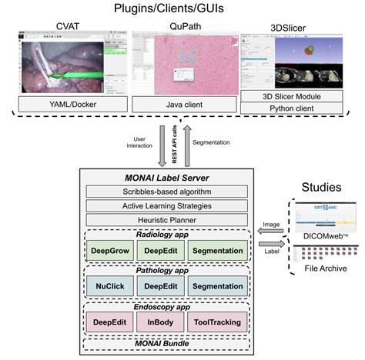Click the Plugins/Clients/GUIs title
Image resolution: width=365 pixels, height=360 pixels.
click(182, 9)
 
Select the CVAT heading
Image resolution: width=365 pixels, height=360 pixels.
click(68, 28)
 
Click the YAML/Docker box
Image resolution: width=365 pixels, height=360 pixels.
click(68, 102)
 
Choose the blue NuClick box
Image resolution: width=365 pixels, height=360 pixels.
click(113, 285)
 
